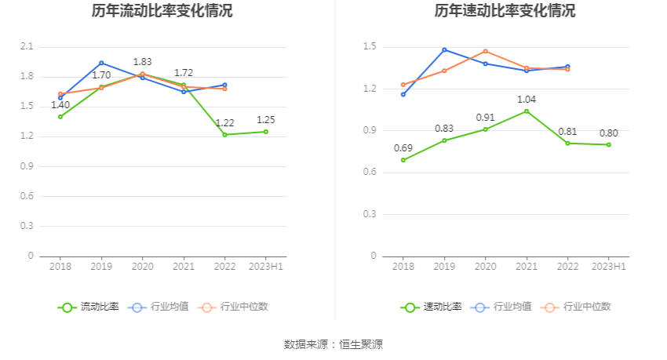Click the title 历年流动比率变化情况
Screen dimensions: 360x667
pos(162,11)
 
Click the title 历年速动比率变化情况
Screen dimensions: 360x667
pos(505,11)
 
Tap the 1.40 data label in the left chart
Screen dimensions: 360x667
pos(60,104)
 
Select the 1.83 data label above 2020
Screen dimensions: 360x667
pos(142,62)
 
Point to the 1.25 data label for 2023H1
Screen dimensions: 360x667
pos(266,120)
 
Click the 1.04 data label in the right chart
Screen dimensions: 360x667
pos(526,100)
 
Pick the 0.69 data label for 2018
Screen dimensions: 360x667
pos(403,148)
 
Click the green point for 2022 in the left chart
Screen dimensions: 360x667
pos(224,134)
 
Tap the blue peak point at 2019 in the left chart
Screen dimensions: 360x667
pos(101,63)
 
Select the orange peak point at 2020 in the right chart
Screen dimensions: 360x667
pos(485,51)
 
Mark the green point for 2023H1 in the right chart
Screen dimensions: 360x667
pos(608,144)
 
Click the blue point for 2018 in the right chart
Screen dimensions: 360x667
pos(403,94)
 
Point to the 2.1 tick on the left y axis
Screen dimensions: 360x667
pos(27,47)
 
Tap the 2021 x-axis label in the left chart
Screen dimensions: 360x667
pos(184,267)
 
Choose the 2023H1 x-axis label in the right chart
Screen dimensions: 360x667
pos(609,267)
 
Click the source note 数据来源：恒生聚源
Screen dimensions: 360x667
pos(333,344)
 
